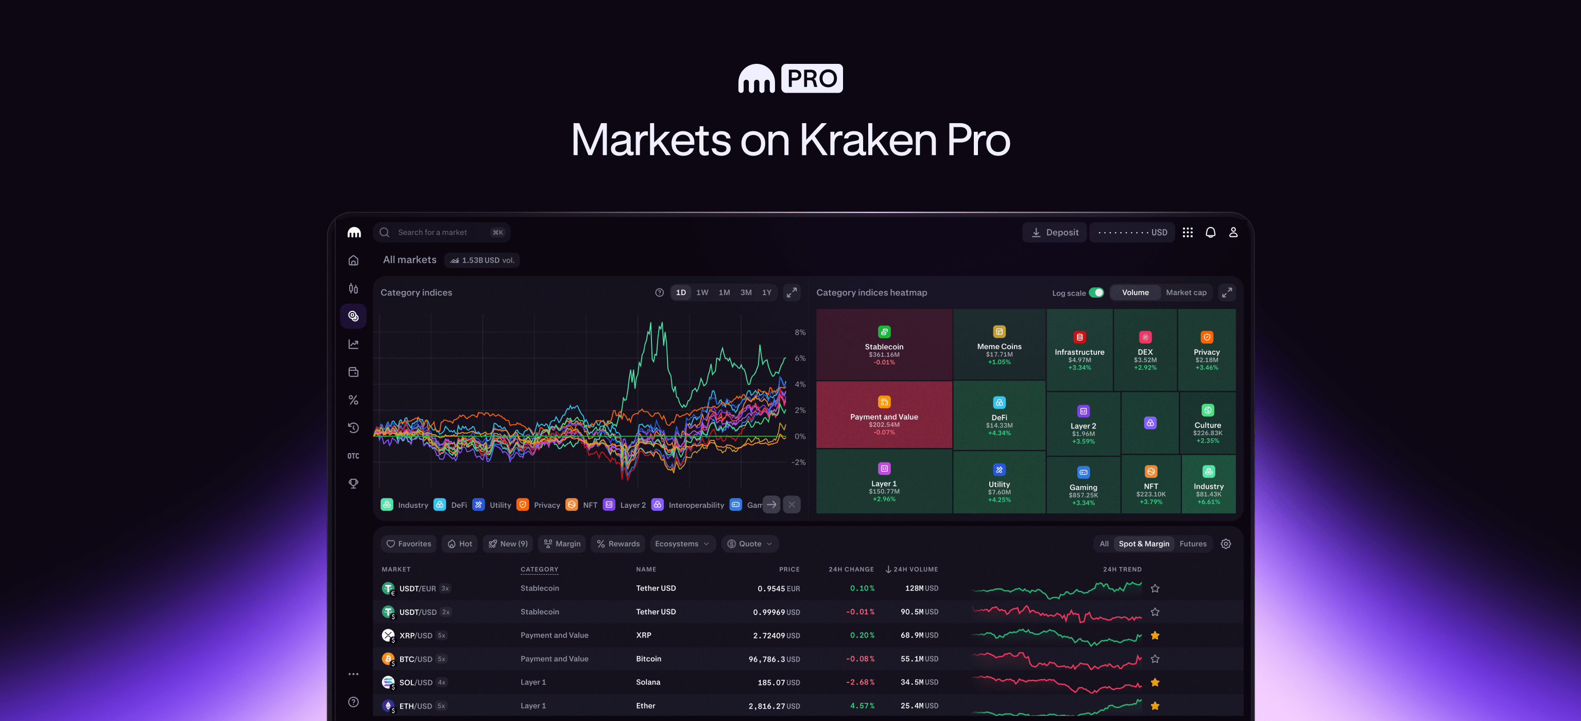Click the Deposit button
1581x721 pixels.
(1054, 233)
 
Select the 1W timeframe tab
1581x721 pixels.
(702, 293)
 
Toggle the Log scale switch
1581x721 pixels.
(1096, 293)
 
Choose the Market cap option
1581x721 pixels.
(1185, 293)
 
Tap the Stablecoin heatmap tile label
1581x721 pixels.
(884, 347)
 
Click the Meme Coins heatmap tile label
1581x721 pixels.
(999, 347)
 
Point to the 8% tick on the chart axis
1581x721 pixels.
(800, 333)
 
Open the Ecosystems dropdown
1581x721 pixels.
(682, 544)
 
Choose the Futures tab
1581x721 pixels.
(1193, 544)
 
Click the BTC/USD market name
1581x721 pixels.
(416, 659)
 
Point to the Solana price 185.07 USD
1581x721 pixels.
(778, 682)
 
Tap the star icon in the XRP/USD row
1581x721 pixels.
(1155, 636)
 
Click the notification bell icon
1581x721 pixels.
(1210, 233)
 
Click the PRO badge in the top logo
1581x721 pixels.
(812, 79)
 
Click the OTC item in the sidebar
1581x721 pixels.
(353, 456)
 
